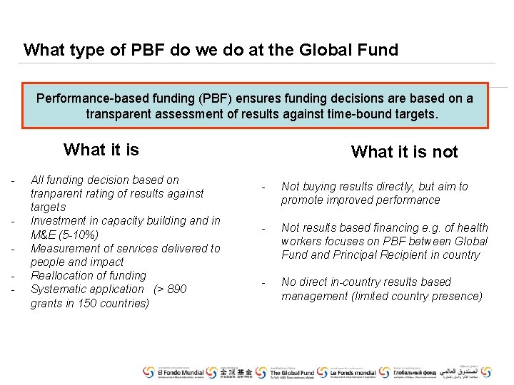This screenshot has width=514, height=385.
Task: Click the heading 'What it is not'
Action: (404, 152)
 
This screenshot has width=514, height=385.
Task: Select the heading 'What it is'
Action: (101, 150)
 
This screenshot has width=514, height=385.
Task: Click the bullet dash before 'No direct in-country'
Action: (263, 283)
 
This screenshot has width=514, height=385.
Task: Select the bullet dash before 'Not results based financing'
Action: (263, 229)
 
